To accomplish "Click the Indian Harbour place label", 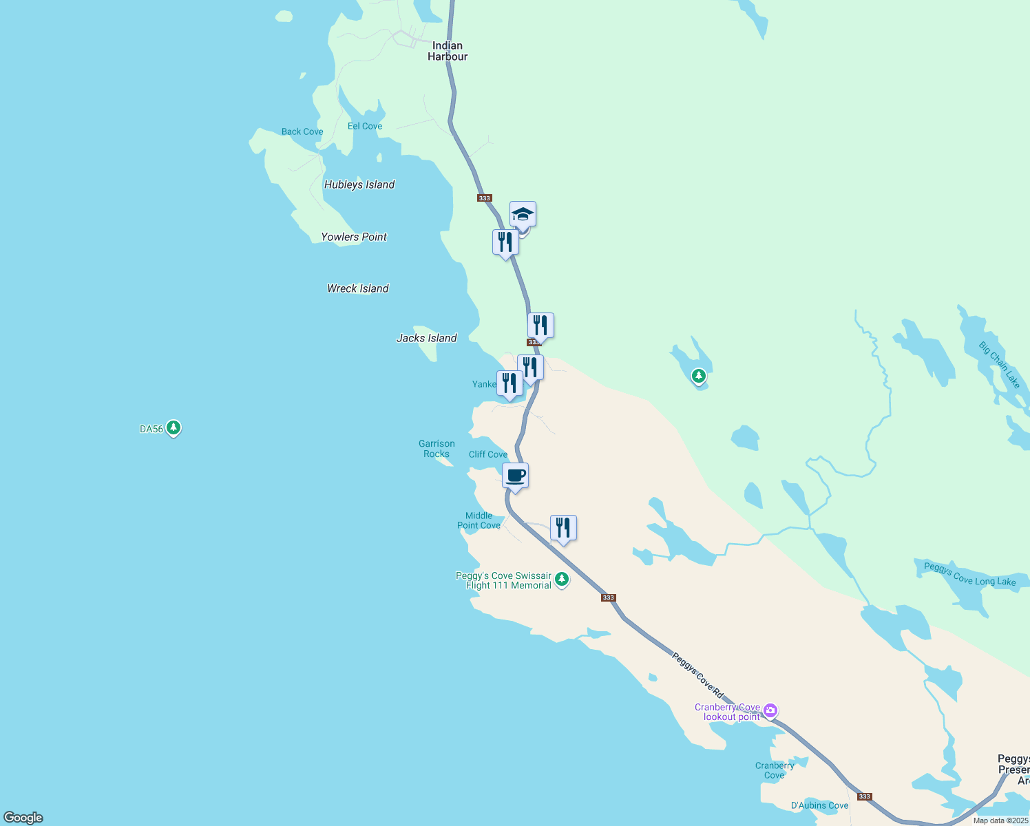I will pos(448,52).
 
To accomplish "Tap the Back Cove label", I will pos(302,131).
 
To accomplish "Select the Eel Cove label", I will pos(365,126).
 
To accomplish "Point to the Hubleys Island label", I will pos(359,184).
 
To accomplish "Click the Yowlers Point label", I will pos(354,237).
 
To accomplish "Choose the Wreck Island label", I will pos(358,288).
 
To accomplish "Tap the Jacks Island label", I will pos(427,338).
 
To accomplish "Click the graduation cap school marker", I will pos(523,215).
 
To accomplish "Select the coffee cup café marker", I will pos(515,475).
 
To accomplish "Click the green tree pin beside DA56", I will pos(174,428).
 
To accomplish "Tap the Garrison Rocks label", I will pos(437,449).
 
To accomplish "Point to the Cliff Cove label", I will pos(488,454).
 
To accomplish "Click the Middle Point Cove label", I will pos(479,520).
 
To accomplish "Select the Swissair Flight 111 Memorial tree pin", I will pos(562,580).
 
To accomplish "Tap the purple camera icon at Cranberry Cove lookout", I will pos(770,710).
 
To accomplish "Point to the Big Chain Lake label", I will pos(999,366).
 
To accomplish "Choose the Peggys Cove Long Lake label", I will pos(970,574).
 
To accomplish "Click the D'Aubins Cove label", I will pos(819,805).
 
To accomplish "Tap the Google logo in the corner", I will pos(23,817).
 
